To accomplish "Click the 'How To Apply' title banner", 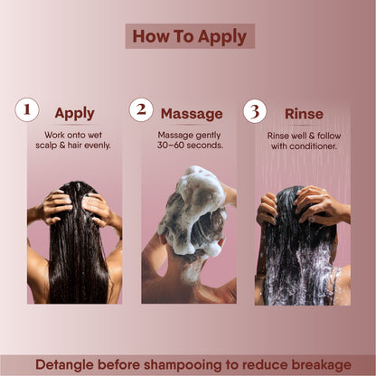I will coord(190,36).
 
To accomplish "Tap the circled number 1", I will coord(27,110).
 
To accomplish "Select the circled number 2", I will coord(140,110).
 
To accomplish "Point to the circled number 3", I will coord(255,110).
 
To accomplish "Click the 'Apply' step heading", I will coord(74,113).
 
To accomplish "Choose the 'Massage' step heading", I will coord(192,114).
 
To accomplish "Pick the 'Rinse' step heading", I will coord(304,113).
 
